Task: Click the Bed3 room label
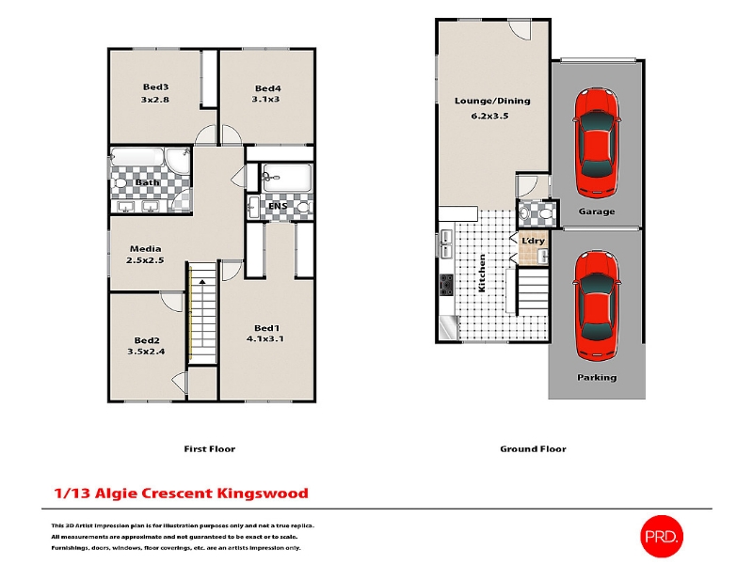click(155, 86)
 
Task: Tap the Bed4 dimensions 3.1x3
click(265, 100)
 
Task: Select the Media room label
click(146, 248)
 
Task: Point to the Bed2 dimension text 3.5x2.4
click(146, 352)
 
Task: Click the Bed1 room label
click(266, 328)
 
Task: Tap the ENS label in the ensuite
click(278, 206)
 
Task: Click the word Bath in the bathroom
click(147, 182)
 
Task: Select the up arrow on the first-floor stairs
click(202, 281)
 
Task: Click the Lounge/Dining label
click(492, 101)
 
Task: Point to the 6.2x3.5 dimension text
click(489, 116)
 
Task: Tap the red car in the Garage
click(597, 143)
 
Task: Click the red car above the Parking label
click(597, 305)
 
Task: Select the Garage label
click(597, 211)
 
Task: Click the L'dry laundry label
click(533, 241)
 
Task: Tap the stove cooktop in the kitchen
click(446, 285)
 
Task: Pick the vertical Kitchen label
click(482, 273)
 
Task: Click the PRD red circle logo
click(662, 536)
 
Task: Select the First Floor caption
click(209, 449)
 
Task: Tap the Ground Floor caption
click(533, 449)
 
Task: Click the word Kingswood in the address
click(263, 493)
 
